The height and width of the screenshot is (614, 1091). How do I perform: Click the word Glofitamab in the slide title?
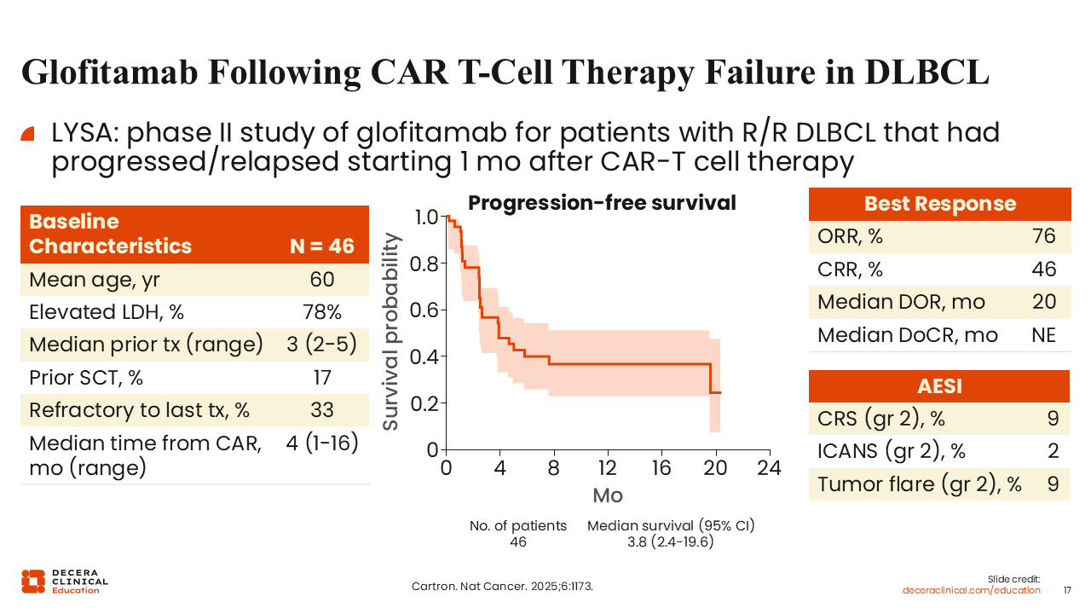[x=112, y=72]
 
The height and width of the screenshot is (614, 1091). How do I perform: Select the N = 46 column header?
[x=321, y=246]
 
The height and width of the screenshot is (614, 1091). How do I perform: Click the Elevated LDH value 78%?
[x=322, y=312]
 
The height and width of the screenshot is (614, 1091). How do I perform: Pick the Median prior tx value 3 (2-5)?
[x=322, y=345]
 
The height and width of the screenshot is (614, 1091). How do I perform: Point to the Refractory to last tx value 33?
[x=322, y=410]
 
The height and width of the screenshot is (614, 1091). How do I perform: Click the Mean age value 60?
[x=322, y=280]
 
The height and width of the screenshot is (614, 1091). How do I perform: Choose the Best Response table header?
[x=939, y=204]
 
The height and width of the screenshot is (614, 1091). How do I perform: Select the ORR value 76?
[x=1043, y=237]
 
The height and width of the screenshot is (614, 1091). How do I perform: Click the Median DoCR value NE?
[x=1043, y=335]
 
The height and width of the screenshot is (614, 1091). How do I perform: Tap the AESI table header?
[x=939, y=386]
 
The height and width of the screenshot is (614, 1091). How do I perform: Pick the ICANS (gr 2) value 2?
[x=1053, y=452]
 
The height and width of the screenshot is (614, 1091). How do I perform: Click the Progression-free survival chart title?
[x=602, y=203]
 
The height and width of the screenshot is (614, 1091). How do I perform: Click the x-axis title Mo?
[x=607, y=495]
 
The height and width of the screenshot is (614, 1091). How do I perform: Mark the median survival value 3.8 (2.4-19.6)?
[x=671, y=542]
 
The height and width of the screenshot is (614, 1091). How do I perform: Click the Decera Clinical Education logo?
[x=65, y=581]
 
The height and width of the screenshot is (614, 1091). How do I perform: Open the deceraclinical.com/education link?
[x=972, y=590]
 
